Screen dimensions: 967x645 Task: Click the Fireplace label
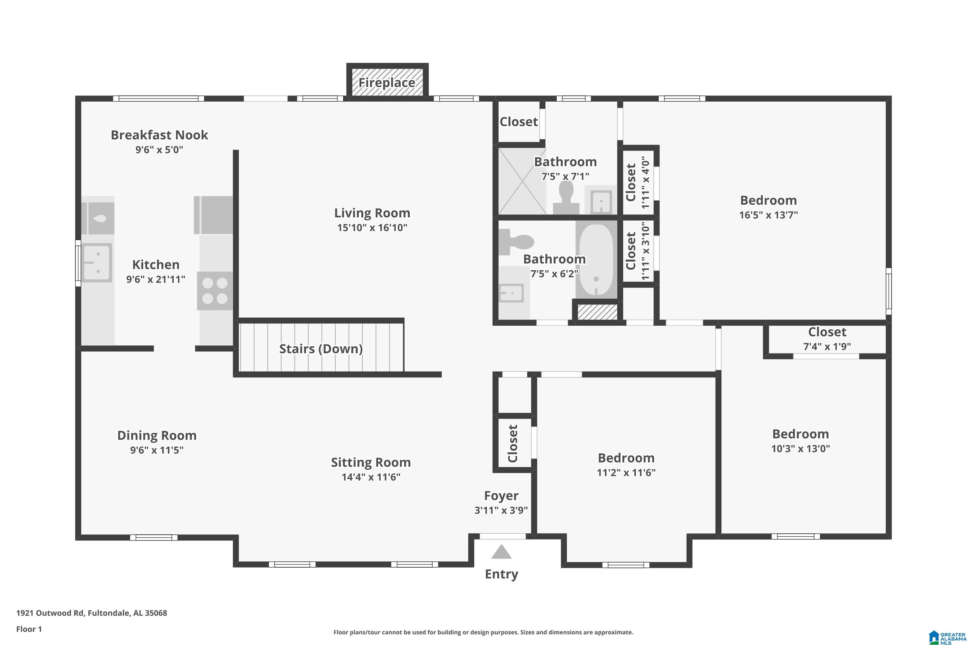(x=386, y=83)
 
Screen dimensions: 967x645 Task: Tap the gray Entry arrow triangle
(x=501, y=552)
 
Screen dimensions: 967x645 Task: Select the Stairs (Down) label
(x=321, y=349)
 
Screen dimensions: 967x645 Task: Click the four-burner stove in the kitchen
(x=215, y=291)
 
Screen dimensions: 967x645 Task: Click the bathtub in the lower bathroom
(x=596, y=260)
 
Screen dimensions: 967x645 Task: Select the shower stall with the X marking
(x=522, y=181)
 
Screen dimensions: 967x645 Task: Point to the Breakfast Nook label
(x=160, y=135)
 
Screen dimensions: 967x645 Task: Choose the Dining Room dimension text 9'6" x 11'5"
(x=157, y=450)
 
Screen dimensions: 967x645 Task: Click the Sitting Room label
(x=371, y=462)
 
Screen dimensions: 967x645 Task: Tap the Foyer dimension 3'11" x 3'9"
(x=501, y=511)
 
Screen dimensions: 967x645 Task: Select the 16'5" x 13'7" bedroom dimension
(x=768, y=215)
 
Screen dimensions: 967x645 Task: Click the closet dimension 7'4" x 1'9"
(x=827, y=346)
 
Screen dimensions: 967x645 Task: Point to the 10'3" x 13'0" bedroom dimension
(x=800, y=448)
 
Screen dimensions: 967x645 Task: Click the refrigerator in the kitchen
(x=213, y=215)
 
